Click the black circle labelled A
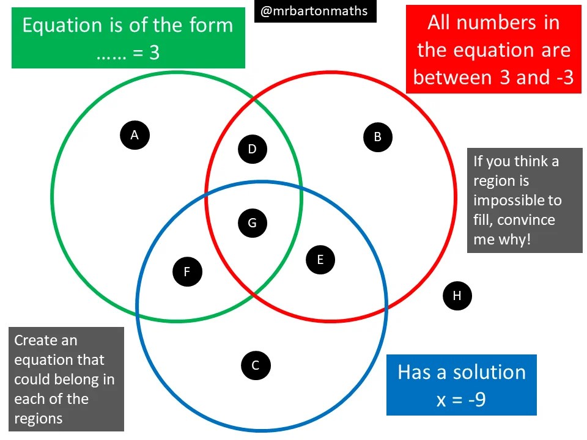click(x=135, y=134)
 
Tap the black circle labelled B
click(x=377, y=137)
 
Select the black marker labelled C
click(x=256, y=365)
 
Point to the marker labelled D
click(x=252, y=149)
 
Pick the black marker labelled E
click(x=320, y=260)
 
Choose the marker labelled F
click(x=188, y=271)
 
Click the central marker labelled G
click(x=252, y=223)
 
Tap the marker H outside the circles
click(x=457, y=296)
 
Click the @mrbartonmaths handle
click(x=315, y=11)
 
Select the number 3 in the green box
click(x=154, y=53)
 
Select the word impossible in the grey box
click(x=517, y=200)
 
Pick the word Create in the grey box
click(x=37, y=340)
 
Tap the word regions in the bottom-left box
click(x=38, y=419)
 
